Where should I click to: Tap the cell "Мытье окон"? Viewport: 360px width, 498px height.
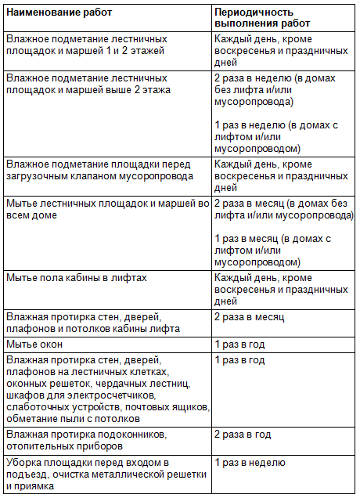(32, 345)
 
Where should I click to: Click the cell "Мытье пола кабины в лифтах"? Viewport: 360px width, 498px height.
(76, 278)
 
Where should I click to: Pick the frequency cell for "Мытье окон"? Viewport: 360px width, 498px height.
(239, 345)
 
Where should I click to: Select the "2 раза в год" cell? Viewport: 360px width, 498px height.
(243, 434)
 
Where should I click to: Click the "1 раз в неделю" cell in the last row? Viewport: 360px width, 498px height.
(250, 463)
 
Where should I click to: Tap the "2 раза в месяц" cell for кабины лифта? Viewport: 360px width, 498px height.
(249, 317)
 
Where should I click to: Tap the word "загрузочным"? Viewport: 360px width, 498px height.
(39, 175)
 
